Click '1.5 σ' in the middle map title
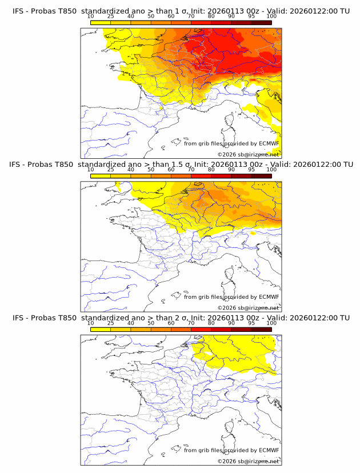click(x=183, y=165)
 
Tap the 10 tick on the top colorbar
click(x=91, y=17)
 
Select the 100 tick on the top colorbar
click(x=271, y=17)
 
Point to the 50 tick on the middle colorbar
click(x=151, y=170)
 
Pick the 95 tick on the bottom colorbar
click(x=251, y=323)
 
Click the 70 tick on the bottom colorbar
click(x=191, y=323)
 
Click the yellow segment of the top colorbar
click(x=101, y=22)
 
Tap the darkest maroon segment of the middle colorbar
click(x=261, y=176)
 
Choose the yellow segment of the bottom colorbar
click(x=101, y=329)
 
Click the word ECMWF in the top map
click(x=269, y=143)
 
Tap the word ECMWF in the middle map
click(x=269, y=297)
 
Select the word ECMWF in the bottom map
click(x=269, y=450)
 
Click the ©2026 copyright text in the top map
click(x=227, y=155)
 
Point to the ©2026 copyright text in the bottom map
click(x=227, y=462)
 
